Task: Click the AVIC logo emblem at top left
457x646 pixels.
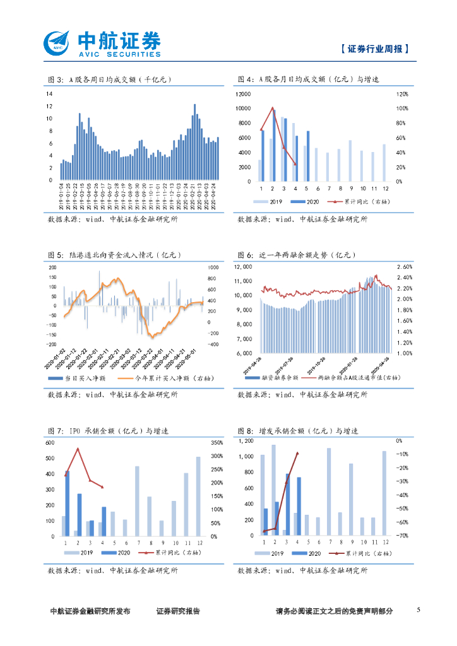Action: (x=58, y=44)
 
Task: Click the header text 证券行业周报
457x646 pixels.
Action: (x=374, y=49)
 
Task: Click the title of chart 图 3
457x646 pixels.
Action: (x=110, y=79)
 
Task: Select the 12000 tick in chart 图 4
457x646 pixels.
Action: (x=242, y=94)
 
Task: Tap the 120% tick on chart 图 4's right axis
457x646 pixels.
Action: (x=402, y=94)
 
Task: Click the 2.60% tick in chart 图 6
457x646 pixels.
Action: (x=405, y=266)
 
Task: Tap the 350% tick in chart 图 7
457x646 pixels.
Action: (x=216, y=442)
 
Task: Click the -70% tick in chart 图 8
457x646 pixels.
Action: (x=401, y=536)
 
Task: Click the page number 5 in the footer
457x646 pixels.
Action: (x=418, y=611)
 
